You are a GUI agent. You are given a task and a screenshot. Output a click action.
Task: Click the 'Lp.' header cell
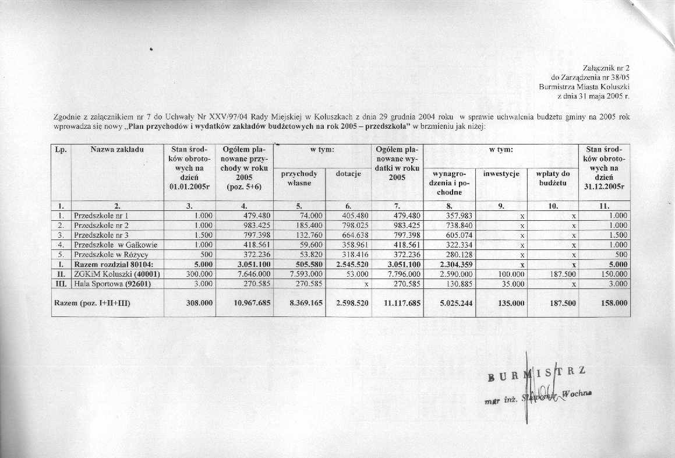[x=61, y=150]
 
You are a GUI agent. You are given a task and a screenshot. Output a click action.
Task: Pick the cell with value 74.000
[x=310, y=215]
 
